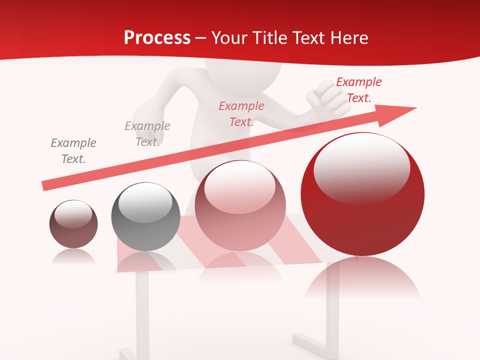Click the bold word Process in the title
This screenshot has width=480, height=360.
coord(157,38)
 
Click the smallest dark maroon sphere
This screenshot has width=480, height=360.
coord(73,224)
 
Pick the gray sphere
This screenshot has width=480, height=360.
coord(145,216)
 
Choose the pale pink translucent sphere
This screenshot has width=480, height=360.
coord(240,206)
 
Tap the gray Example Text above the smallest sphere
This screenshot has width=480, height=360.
coord(73,151)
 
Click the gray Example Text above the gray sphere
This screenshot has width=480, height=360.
coord(147,134)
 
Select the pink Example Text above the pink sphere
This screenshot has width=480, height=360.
coord(241,114)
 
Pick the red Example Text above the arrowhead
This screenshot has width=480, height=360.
coord(358,90)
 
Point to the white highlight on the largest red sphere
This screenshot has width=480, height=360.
coord(361,167)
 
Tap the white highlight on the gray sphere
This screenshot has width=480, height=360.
coord(145,201)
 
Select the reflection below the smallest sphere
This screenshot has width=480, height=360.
coord(73,256)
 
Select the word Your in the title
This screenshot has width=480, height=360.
coord(229,38)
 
